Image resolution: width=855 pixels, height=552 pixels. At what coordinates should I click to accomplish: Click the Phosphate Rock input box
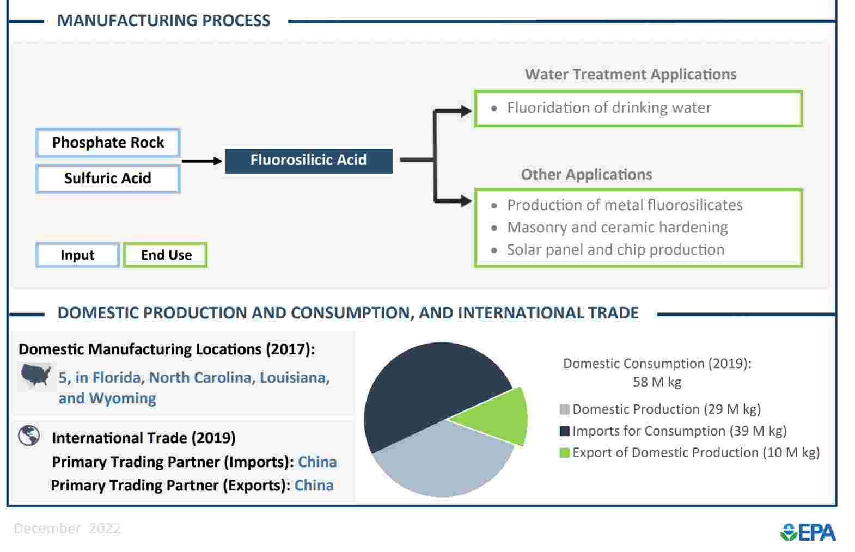pos(108,143)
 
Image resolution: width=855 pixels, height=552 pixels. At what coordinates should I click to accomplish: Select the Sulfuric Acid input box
pos(108,179)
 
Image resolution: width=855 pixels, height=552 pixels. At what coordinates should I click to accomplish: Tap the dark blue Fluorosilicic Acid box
pos(309,161)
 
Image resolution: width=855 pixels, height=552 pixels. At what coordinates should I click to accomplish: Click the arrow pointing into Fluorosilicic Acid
pos(202,161)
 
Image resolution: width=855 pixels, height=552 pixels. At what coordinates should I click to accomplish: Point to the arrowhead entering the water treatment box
pos(466,111)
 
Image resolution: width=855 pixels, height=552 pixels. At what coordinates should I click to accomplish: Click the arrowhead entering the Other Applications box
pos(466,201)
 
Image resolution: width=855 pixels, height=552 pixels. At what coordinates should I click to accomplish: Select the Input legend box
pos(77,255)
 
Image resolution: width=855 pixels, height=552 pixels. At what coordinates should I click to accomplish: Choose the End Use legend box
pos(166,255)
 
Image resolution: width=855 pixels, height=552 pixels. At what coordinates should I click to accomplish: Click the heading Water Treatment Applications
pos(631,75)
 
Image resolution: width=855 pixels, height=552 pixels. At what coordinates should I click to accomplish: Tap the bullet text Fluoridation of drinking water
pos(609,108)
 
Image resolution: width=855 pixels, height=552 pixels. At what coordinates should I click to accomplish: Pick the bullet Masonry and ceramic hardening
pos(617,228)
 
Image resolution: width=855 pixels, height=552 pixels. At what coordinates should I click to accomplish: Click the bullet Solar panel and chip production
pos(615,250)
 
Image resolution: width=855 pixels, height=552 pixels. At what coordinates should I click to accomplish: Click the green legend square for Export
pos(565,453)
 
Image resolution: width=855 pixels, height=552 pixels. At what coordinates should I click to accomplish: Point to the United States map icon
pos(35,375)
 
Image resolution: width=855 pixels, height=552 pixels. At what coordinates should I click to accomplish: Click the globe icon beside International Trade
pos(29,436)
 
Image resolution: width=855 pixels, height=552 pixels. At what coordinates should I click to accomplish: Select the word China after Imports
pos(317,462)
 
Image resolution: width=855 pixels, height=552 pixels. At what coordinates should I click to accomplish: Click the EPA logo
pos(808,532)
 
